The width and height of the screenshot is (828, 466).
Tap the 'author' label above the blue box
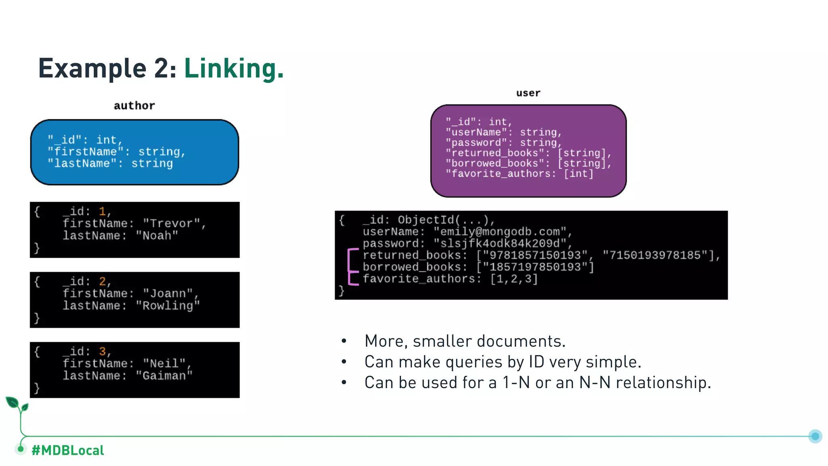134,106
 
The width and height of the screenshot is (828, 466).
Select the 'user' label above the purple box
528,93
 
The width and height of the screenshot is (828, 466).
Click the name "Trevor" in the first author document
171,223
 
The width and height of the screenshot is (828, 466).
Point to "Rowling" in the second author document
167,305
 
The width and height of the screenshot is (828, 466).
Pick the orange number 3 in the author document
102,351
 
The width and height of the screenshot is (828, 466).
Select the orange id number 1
102,211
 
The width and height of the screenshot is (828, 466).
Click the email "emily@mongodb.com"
500,232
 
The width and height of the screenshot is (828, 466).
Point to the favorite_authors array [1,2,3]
513,279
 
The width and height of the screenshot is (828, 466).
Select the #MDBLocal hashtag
68,450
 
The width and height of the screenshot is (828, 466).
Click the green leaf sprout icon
17,405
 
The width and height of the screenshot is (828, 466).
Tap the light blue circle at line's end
815,436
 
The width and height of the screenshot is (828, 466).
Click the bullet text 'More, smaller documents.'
465,341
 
